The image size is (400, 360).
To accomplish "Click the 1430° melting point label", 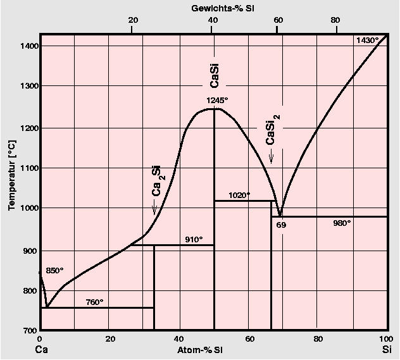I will coord(367,40).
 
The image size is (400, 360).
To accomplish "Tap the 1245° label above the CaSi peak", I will coord(217,100).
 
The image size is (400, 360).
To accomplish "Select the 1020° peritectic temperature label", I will coord(239,195).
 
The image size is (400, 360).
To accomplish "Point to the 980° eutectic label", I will coord(341,223).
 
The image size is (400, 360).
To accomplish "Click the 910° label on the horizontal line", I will coord(194,239).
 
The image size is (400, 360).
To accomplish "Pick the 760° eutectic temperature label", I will coord(94,302).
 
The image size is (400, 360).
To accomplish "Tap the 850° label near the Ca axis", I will coord(55,270).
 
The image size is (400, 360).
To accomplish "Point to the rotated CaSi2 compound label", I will coord(272,130).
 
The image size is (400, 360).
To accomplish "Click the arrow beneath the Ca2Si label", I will coord(154,208).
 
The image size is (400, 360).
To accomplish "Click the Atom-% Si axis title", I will coord(201,349).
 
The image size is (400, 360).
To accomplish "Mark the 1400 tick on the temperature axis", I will coord(28,46).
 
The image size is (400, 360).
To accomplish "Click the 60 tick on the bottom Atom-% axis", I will coord(250,338).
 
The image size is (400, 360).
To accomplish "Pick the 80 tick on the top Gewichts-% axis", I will coord(335,20).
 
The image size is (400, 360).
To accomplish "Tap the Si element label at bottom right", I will coord(387,349).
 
